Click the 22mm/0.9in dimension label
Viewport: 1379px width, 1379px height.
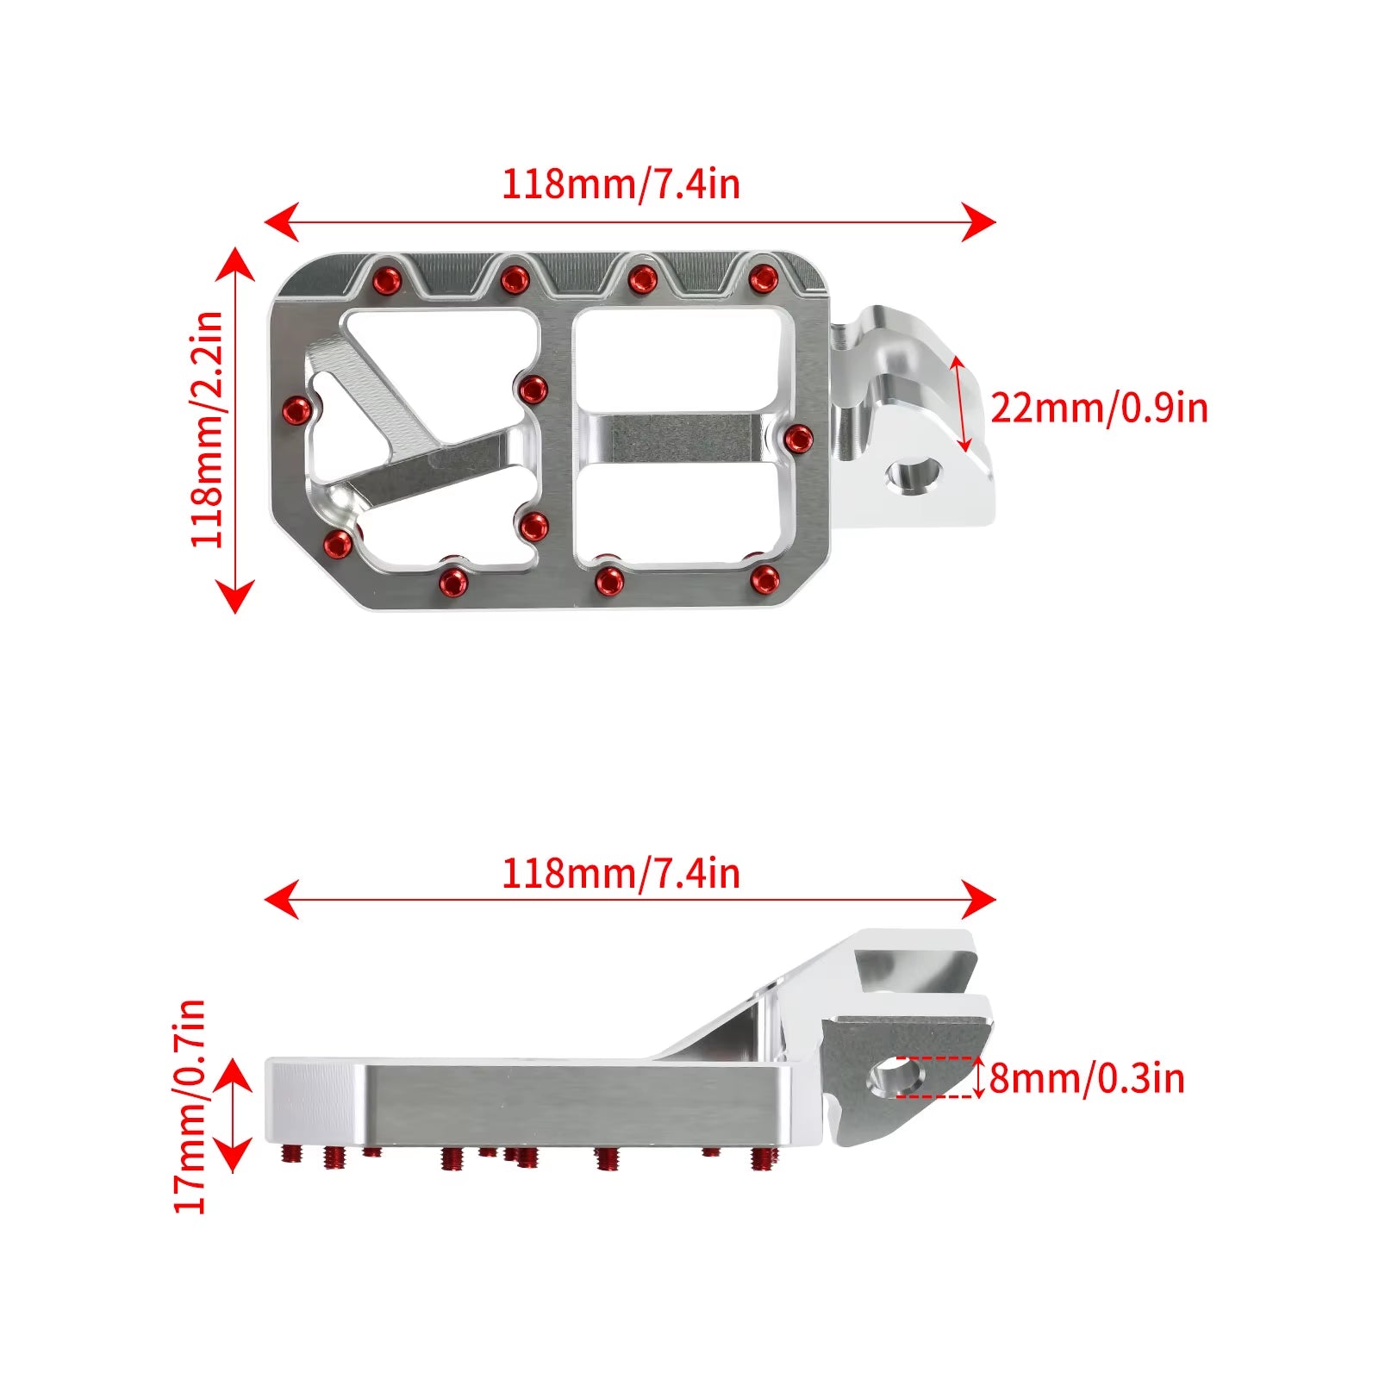point(1099,408)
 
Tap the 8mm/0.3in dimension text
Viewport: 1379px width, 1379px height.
point(1087,1078)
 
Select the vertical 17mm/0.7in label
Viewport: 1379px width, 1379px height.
point(190,1107)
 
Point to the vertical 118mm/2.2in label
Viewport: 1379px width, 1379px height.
point(207,429)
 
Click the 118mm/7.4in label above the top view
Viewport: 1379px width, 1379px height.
point(621,184)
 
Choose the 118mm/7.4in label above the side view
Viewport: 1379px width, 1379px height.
point(621,874)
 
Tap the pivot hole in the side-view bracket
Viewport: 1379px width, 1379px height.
point(896,1076)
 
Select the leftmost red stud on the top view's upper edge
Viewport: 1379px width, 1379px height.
point(385,280)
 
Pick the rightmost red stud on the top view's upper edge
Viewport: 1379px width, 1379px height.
point(763,278)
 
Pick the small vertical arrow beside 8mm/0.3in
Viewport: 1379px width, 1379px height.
point(978,1077)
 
